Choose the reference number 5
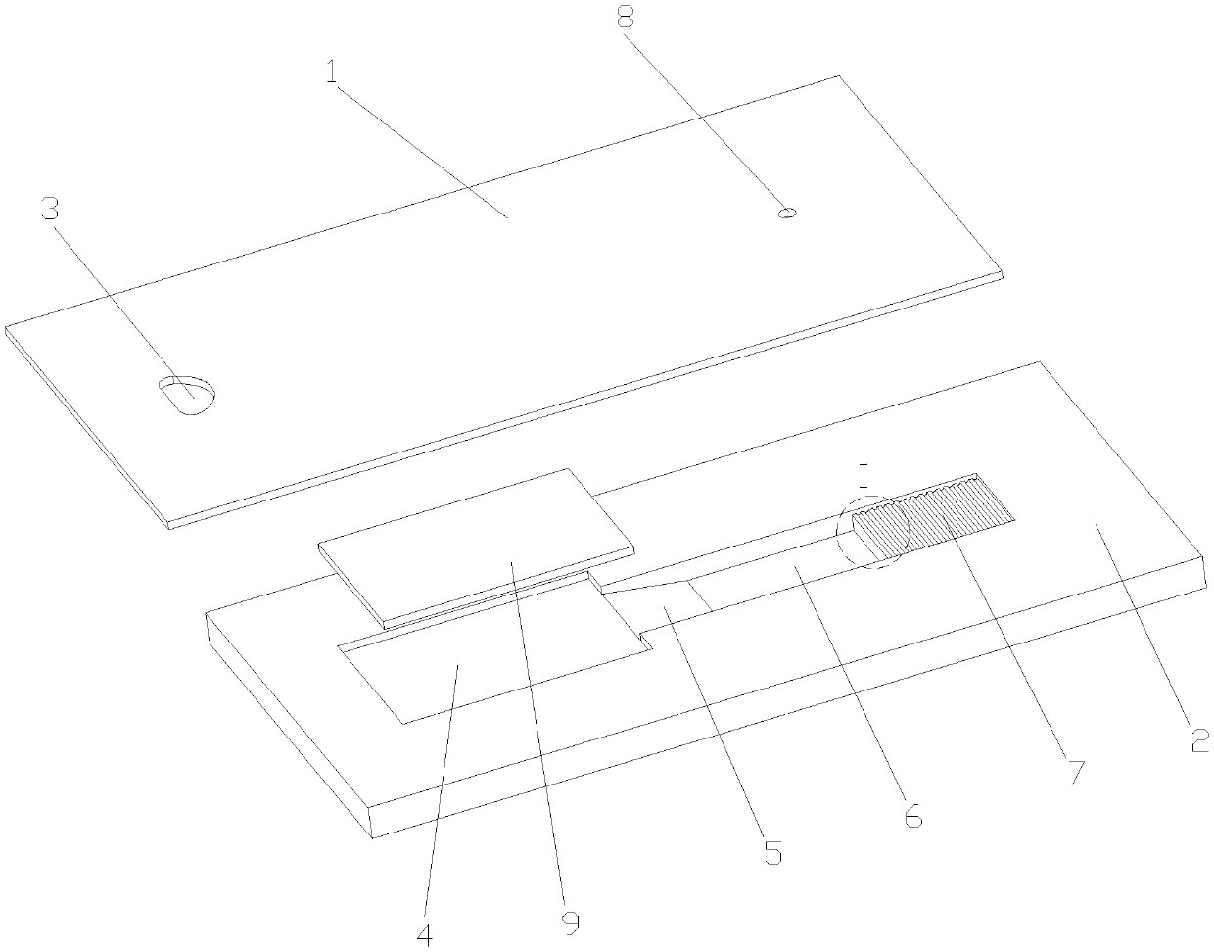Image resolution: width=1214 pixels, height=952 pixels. click(x=773, y=852)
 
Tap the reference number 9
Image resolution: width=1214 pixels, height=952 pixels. click(x=570, y=921)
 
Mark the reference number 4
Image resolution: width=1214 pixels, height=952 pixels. click(x=425, y=933)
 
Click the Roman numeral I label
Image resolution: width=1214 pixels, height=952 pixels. click(x=864, y=477)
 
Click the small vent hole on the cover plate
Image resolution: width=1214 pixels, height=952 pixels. click(x=785, y=212)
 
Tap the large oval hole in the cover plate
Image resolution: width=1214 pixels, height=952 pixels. click(x=187, y=395)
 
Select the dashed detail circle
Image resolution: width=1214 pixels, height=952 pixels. click(x=872, y=530)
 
